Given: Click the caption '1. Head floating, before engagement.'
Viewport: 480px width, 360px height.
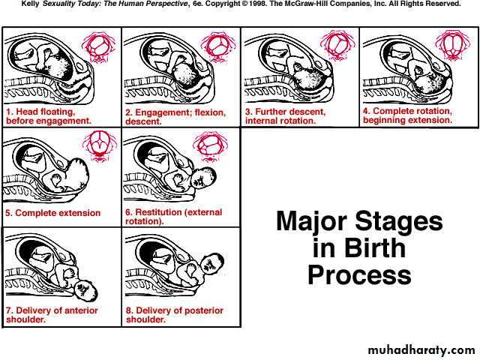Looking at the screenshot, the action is pyautogui.click(x=49, y=116).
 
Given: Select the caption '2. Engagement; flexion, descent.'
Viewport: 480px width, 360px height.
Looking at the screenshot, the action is pyautogui.click(x=175, y=117).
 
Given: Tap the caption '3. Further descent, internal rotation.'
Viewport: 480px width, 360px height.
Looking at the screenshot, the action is pyautogui.click(x=285, y=116).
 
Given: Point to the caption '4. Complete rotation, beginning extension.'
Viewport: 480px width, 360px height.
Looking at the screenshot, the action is pyautogui.click(x=407, y=115).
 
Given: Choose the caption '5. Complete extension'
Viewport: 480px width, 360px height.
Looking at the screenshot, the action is pyautogui.click(x=53, y=213).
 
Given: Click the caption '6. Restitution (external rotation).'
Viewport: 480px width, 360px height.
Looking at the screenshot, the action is pyautogui.click(x=173, y=217).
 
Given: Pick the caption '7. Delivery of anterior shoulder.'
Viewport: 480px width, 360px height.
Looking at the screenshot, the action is pyautogui.click(x=52, y=315).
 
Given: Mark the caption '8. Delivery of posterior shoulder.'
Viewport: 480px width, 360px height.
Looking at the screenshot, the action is pyautogui.click(x=175, y=315).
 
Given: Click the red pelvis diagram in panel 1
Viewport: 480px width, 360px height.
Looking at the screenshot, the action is pyautogui.click(x=99, y=46).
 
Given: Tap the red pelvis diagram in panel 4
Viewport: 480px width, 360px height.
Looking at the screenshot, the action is pyautogui.click(x=452, y=45).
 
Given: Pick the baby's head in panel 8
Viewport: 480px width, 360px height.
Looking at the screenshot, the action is pyautogui.click(x=213, y=265).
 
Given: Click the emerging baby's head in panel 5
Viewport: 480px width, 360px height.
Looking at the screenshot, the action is pyautogui.click(x=76, y=175).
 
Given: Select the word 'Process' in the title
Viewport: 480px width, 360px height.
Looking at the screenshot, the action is pyautogui.click(x=359, y=275).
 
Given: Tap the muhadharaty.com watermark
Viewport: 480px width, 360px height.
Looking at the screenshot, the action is pyautogui.click(x=421, y=350).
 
